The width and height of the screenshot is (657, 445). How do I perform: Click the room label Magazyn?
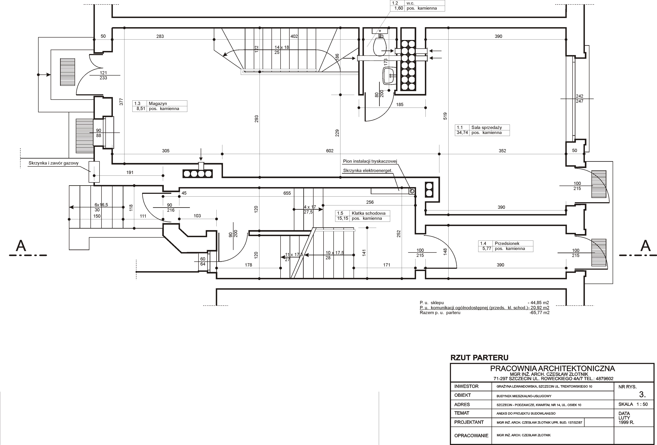pos(158,103)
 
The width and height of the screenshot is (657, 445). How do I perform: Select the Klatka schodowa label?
pos(368,213)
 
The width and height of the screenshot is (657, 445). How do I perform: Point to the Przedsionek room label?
pos(507,243)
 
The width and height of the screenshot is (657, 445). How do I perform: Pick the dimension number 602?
pos(330,151)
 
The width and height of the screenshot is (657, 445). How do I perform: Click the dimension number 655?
pos(287,193)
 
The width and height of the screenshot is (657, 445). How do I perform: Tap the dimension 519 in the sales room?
pos(445,116)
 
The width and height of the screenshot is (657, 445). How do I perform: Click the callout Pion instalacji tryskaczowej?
pos(370,161)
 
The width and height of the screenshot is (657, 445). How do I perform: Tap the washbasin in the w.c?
pos(390,76)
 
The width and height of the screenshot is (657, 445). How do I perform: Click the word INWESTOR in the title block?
pos(467,386)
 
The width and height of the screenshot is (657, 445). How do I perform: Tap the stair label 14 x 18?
pos(282,47)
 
